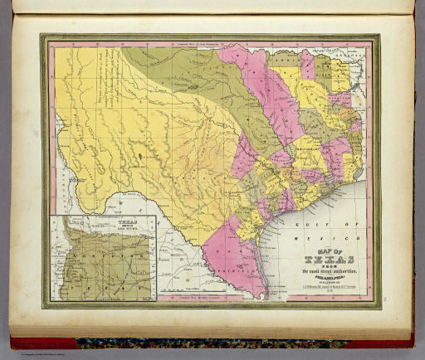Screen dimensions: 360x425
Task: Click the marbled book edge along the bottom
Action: click(x=208, y=341)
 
